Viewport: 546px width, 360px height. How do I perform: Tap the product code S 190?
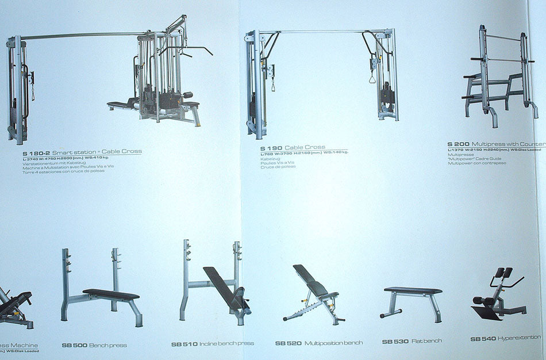pyautogui.click(x=271, y=148)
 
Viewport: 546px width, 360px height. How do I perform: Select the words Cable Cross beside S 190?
pyautogui.click(x=305, y=148)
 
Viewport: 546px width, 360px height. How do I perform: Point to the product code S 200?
pyautogui.click(x=459, y=144)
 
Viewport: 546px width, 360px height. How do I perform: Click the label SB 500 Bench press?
pyautogui.click(x=94, y=345)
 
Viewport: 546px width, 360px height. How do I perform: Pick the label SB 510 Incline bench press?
pyautogui.click(x=213, y=344)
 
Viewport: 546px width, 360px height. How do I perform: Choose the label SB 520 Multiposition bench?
pyautogui.click(x=319, y=343)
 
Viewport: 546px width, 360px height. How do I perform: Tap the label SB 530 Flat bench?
pyautogui.click(x=412, y=342)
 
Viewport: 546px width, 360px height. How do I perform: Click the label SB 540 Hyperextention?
pyautogui.click(x=506, y=339)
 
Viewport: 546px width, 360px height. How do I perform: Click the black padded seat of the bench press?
pyautogui.click(x=111, y=294)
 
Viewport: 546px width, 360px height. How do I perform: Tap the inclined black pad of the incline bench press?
pyautogui.click(x=221, y=285)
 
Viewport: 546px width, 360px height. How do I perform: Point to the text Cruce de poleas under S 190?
pyautogui.click(x=278, y=167)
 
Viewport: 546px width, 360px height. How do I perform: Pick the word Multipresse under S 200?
pyautogui.click(x=461, y=155)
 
